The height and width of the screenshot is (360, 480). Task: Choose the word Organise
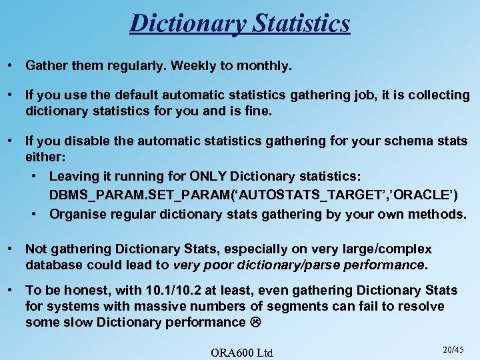coord(79,214)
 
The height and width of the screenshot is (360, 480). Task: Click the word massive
coord(165,307)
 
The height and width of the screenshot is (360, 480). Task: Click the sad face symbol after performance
coord(257,323)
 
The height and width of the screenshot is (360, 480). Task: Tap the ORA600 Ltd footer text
coord(241,351)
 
